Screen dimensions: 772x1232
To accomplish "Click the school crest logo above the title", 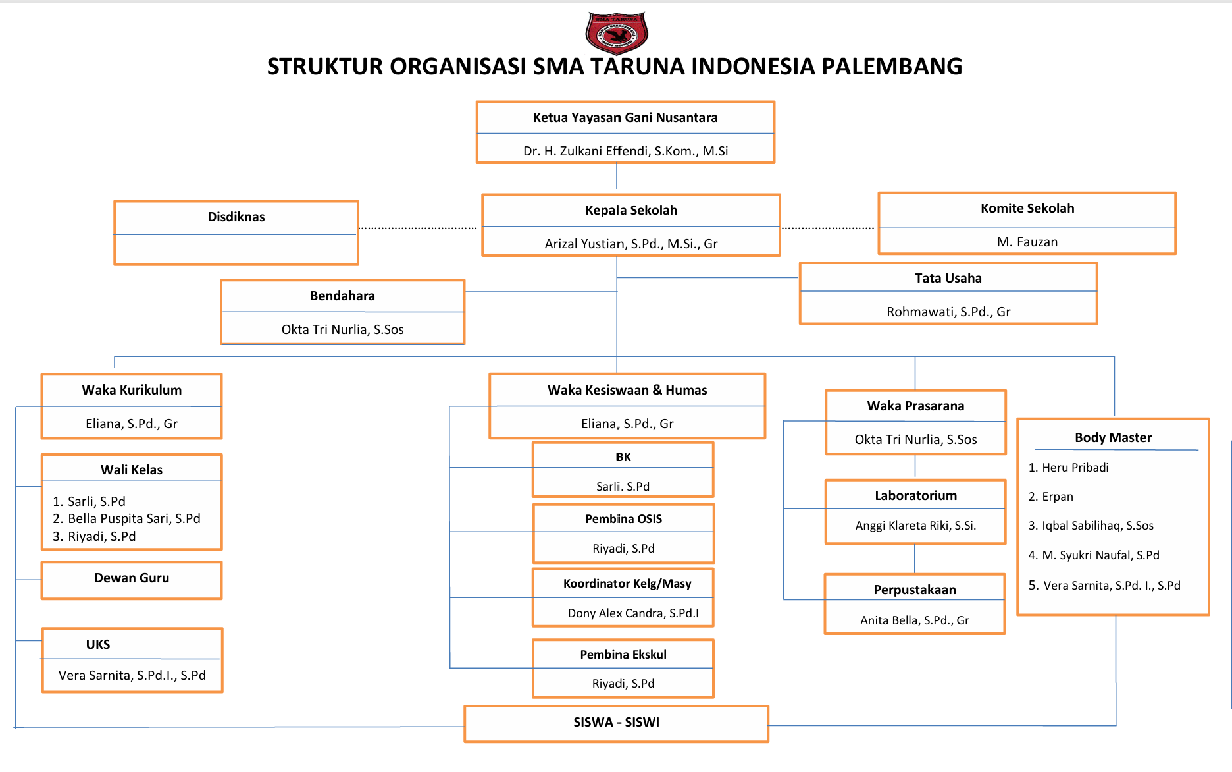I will pyautogui.click(x=617, y=32).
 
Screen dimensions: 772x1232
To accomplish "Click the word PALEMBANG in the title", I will pyautogui.click(x=892, y=67).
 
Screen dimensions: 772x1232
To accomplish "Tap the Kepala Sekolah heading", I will pyautogui.click(x=631, y=210).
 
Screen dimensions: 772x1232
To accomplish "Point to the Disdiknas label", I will pyautogui.click(x=236, y=217).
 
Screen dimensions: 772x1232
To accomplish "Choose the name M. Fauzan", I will pyautogui.click(x=1027, y=242).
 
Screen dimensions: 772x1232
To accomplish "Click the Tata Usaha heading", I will pyautogui.click(x=948, y=278).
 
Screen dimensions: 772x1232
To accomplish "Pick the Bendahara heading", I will pyautogui.click(x=342, y=296).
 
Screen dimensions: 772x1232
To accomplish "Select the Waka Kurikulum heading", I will pyautogui.click(x=132, y=390).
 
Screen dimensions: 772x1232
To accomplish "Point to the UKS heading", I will pyautogui.click(x=98, y=644).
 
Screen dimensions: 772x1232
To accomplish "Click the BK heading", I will pyautogui.click(x=623, y=457).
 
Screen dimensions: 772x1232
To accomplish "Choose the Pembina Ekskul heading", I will pyautogui.click(x=623, y=655).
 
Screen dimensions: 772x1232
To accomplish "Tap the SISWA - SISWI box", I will pyautogui.click(x=616, y=723).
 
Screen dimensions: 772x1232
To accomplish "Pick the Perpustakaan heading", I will pyautogui.click(x=915, y=590).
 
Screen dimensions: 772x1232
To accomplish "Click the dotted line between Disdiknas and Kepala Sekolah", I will pyautogui.click(x=419, y=228).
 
